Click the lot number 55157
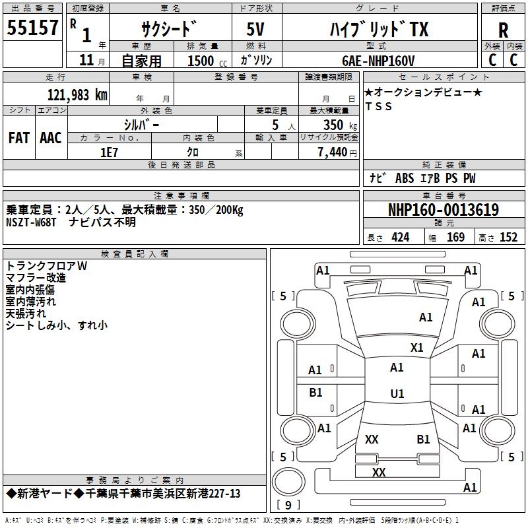[33, 28]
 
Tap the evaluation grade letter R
[503, 30]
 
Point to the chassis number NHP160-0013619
[444, 210]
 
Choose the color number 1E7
[109, 152]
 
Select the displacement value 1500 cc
[206, 61]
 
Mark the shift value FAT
[19, 137]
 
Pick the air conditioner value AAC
[51, 137]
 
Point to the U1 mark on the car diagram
[397, 394]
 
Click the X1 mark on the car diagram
[417, 348]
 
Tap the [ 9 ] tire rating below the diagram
[288, 505]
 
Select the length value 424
[400, 238]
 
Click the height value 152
[508, 238]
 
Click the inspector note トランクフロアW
[46, 266]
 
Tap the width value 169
[455, 238]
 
